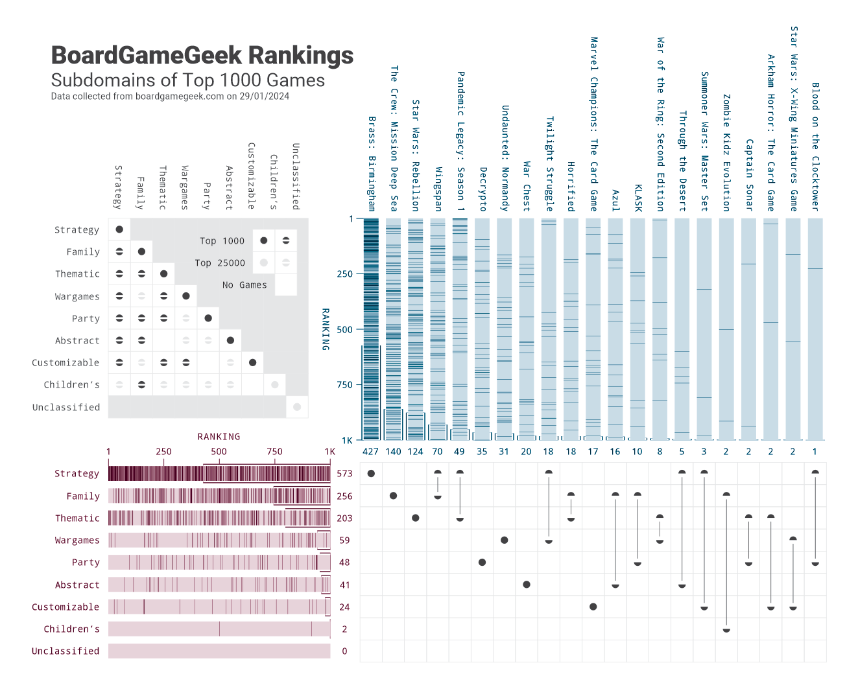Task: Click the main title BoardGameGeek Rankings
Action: (x=202, y=56)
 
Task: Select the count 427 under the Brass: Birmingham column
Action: (x=370, y=452)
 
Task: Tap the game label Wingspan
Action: (x=438, y=189)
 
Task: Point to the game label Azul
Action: (x=615, y=200)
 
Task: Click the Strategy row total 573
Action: (x=344, y=474)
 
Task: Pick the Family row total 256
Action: (x=344, y=496)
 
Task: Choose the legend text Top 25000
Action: (x=220, y=263)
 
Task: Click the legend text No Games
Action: (x=244, y=285)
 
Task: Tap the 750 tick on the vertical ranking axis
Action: (x=344, y=385)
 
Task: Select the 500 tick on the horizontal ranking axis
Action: (x=219, y=452)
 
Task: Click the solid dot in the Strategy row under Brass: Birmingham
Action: (x=371, y=474)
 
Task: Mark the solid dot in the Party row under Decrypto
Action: (x=482, y=563)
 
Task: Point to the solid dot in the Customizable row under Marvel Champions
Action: (x=593, y=607)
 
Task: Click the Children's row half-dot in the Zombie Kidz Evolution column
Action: (x=726, y=629)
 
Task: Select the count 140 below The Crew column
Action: (x=393, y=452)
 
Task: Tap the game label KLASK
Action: (x=638, y=198)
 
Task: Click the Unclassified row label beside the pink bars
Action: (x=66, y=651)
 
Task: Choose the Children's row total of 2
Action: (x=344, y=629)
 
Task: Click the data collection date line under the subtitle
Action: (x=170, y=97)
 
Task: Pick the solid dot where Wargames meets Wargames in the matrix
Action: (x=186, y=296)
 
